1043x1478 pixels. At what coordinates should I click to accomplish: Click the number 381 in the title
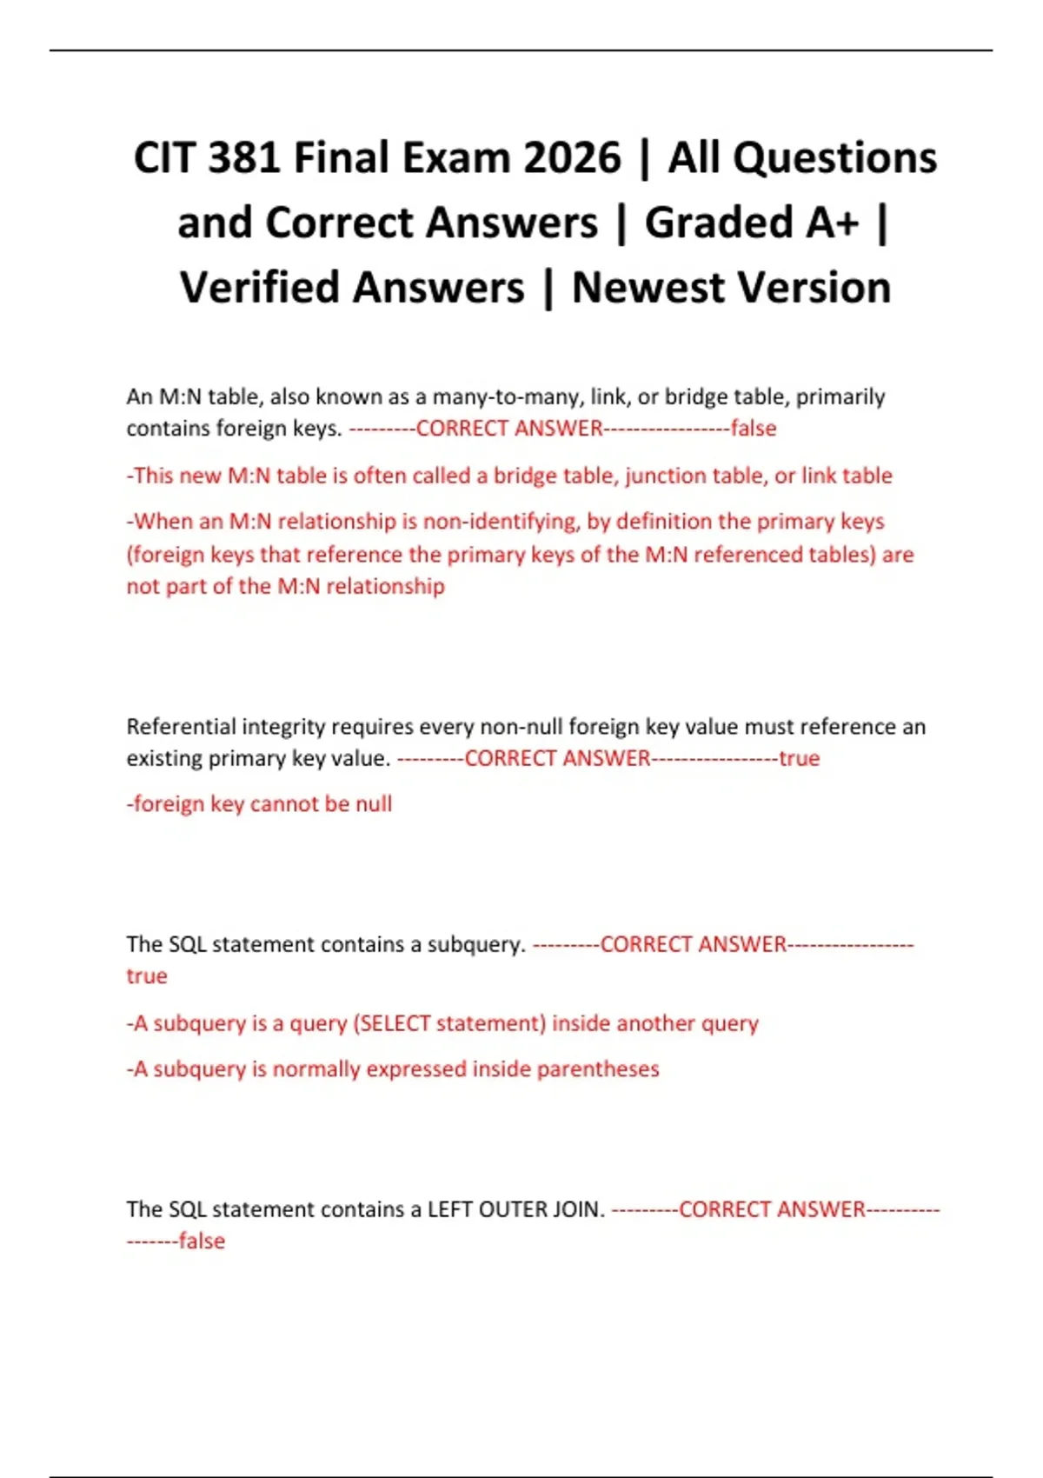(244, 158)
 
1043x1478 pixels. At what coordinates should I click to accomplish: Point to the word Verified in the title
(352, 288)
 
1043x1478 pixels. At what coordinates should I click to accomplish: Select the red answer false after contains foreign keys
(753, 428)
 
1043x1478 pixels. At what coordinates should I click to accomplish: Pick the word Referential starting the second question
(181, 726)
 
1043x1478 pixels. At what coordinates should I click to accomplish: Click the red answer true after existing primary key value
(799, 758)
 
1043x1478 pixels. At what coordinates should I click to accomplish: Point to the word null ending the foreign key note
(373, 804)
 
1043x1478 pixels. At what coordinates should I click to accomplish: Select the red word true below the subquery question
(147, 976)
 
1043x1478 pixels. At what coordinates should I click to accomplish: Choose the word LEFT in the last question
(449, 1209)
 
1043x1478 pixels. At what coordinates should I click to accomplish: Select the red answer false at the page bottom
(202, 1242)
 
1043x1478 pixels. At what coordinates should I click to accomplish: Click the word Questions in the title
(834, 158)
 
